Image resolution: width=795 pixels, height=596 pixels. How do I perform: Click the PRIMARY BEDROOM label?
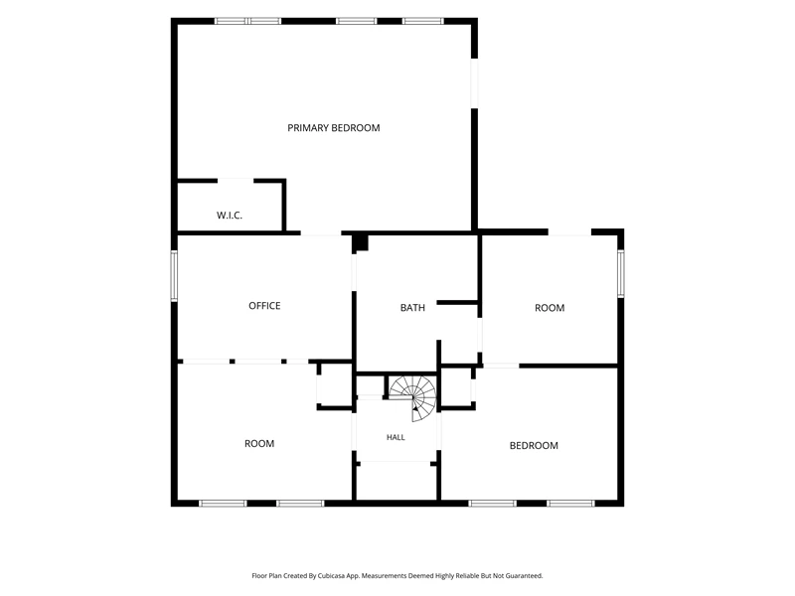click(334, 128)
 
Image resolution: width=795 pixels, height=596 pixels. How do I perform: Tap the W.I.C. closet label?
click(230, 216)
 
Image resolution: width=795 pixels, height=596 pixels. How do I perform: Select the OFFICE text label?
click(264, 306)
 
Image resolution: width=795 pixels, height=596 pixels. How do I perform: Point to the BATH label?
click(412, 308)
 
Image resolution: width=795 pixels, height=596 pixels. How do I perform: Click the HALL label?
click(396, 437)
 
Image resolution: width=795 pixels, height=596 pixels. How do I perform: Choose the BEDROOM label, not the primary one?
click(534, 445)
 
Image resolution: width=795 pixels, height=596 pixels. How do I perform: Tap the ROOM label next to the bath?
click(550, 308)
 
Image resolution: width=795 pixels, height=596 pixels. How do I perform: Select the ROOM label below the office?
click(259, 443)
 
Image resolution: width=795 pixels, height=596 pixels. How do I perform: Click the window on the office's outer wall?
click(174, 276)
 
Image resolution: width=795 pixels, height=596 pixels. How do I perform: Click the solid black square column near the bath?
click(361, 242)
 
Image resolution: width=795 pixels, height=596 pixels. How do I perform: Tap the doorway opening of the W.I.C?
click(236, 181)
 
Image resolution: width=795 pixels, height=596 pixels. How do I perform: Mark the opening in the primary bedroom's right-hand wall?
click(474, 83)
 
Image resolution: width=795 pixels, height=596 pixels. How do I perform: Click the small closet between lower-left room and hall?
click(335, 385)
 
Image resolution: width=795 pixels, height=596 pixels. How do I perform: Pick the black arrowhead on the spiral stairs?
click(415, 407)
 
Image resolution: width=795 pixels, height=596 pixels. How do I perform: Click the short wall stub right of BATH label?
click(457, 303)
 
